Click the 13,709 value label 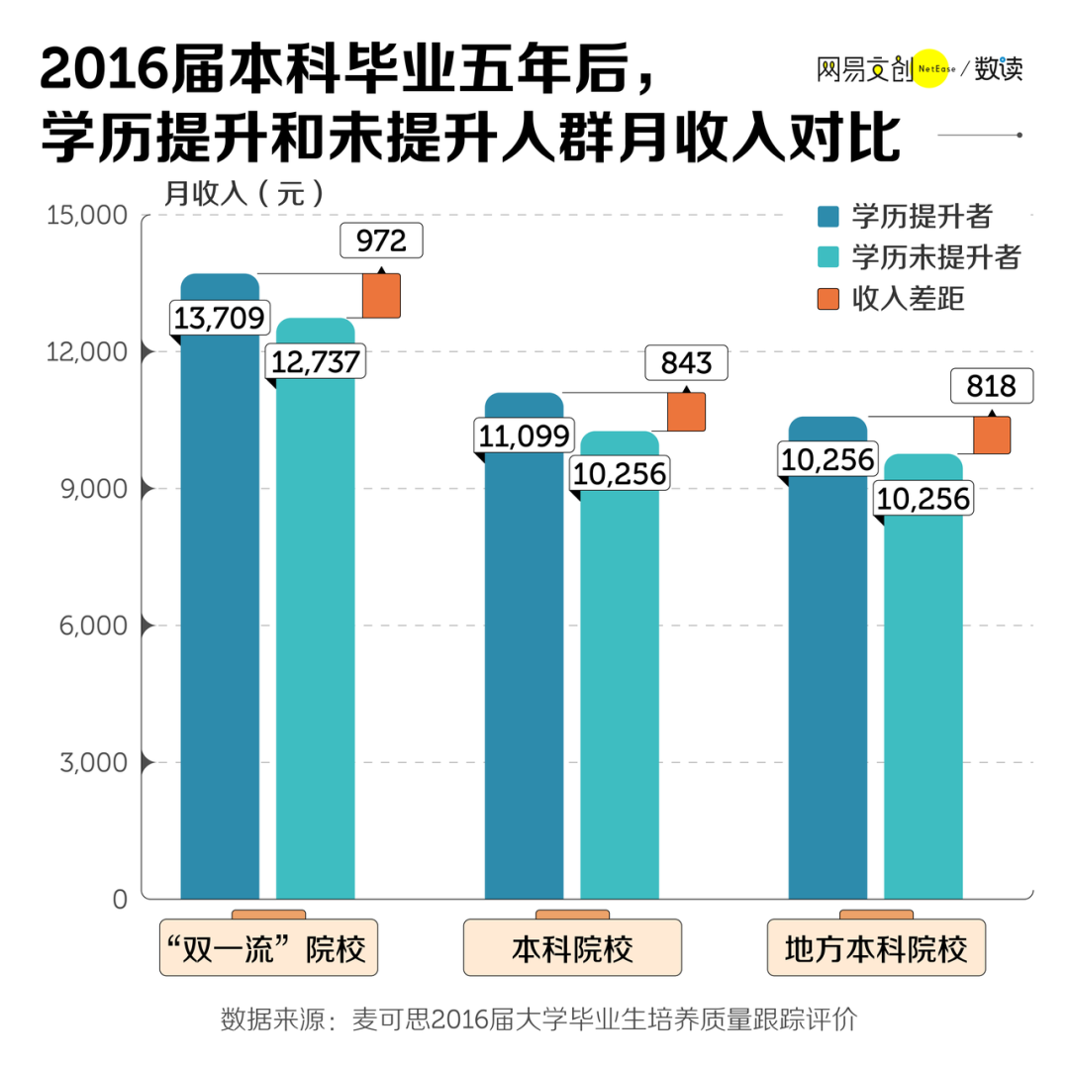point(220,317)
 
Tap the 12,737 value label point(316,360)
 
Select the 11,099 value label point(524,436)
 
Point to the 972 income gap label point(380,241)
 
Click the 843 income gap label point(685,362)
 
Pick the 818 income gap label point(991,385)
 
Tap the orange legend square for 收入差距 point(828,299)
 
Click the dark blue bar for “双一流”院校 point(220,614)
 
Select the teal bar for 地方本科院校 point(923,693)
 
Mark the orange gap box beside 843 point(686,412)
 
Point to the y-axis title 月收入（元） point(243,193)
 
